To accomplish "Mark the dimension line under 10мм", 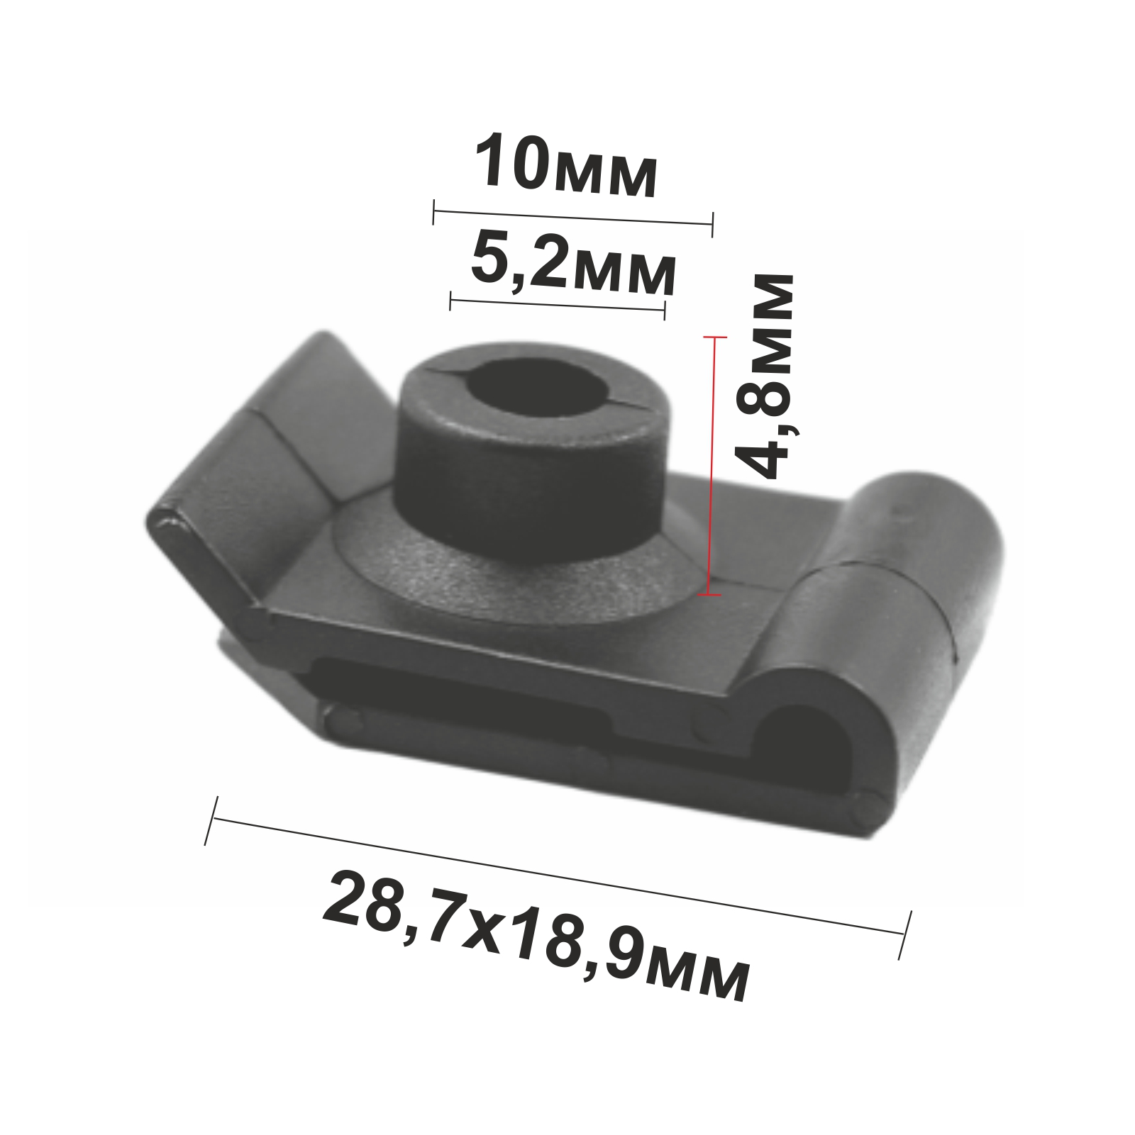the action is [572, 218].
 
